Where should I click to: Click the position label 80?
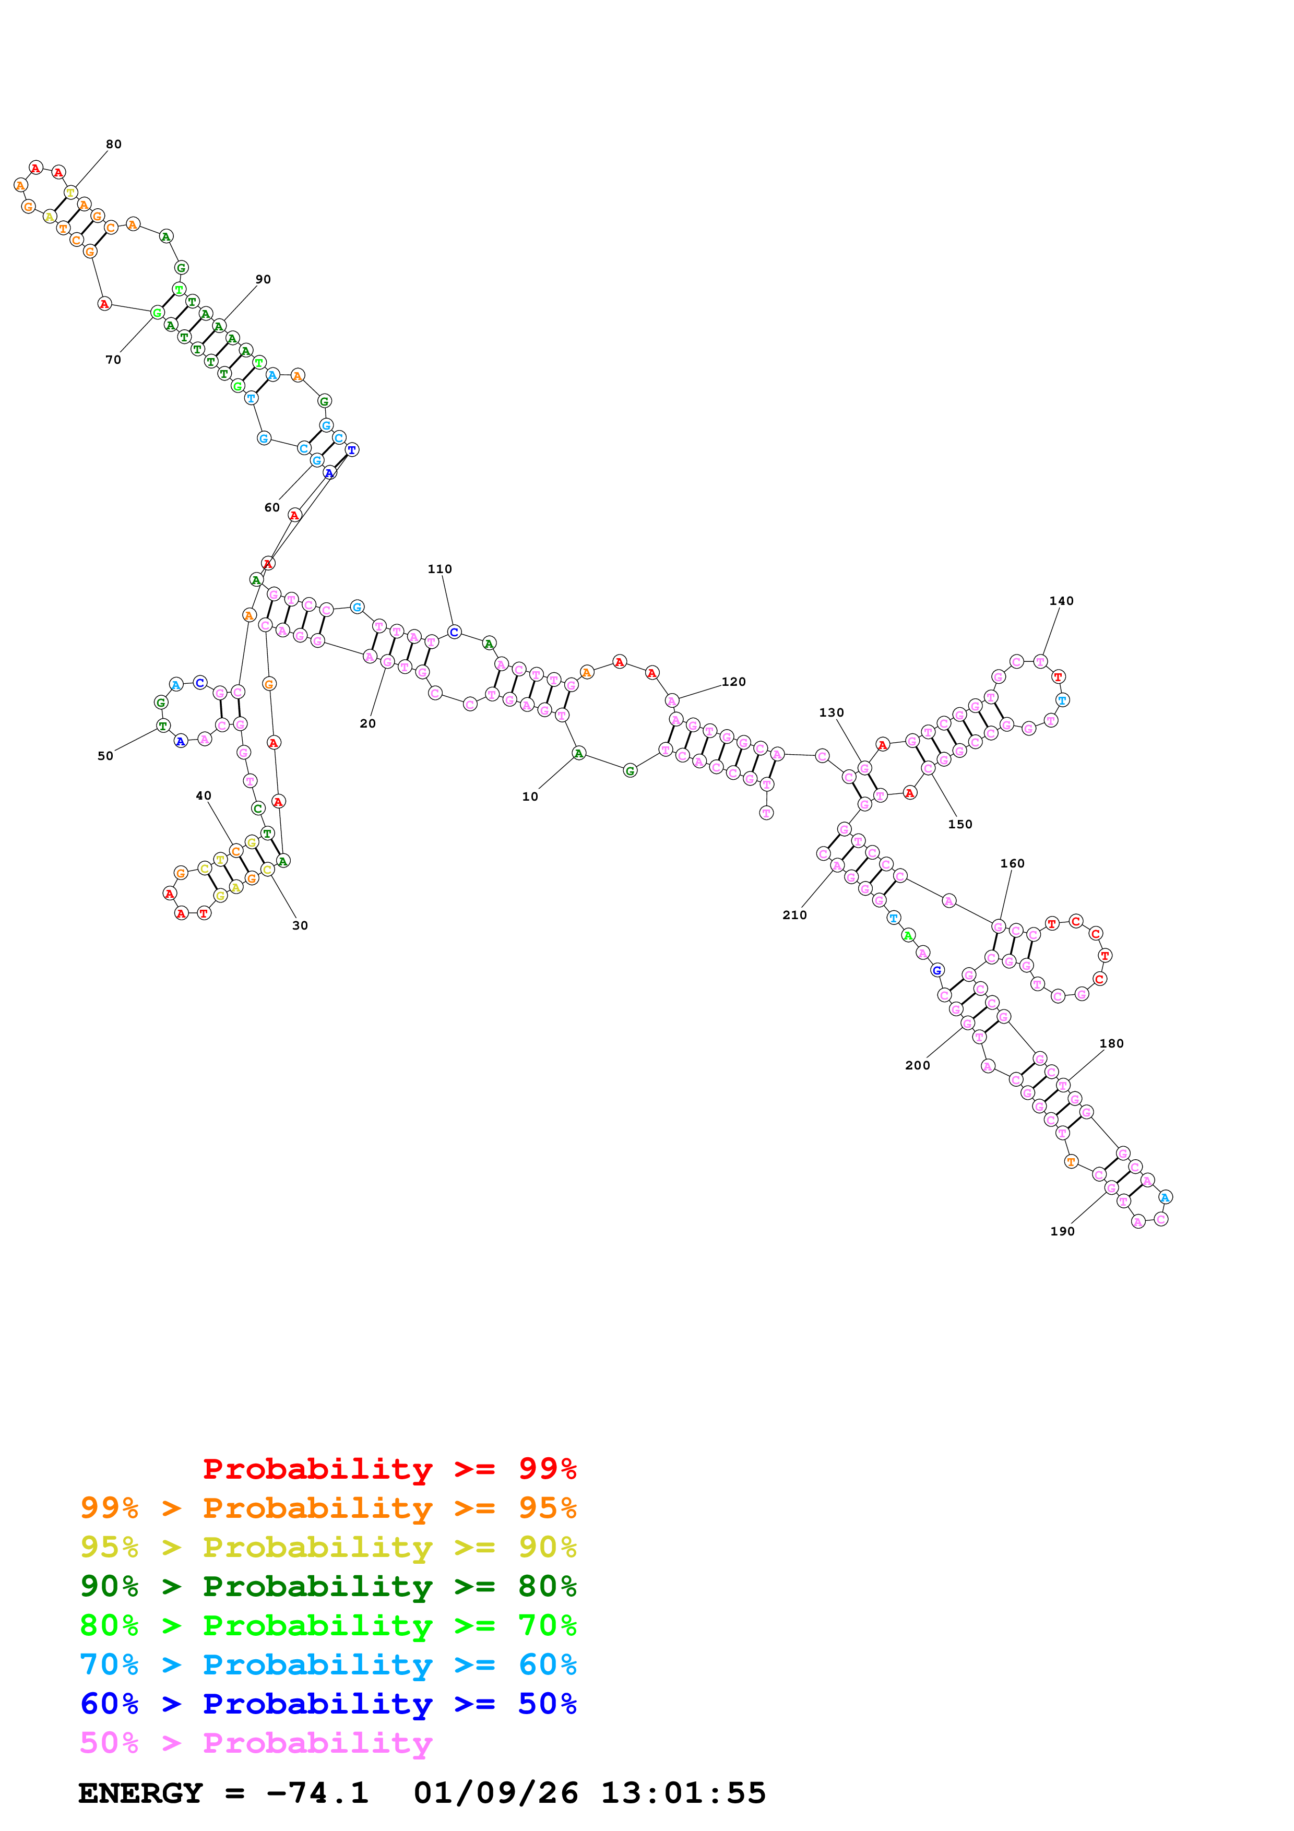click(x=114, y=145)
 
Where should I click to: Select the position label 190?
click(x=1062, y=1231)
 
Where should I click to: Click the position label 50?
click(x=105, y=756)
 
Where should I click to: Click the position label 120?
click(x=733, y=681)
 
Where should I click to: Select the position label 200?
click(x=917, y=1065)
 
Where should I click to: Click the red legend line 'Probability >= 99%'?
click(x=389, y=1468)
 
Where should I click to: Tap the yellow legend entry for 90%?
click(x=328, y=1547)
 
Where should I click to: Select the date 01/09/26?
click(x=495, y=1793)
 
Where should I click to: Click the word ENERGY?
click(x=140, y=1793)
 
